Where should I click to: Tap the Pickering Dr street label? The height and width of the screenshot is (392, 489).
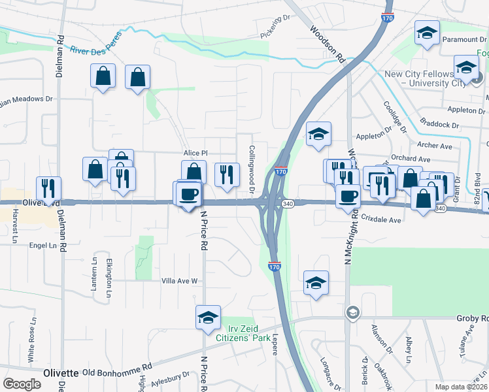(x=275, y=27)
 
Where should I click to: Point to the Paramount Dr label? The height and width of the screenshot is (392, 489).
(x=465, y=39)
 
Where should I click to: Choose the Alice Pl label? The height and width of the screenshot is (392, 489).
(x=195, y=153)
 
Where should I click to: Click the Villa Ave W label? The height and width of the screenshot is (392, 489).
(x=180, y=281)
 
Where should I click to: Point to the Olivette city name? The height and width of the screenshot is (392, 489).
(x=61, y=372)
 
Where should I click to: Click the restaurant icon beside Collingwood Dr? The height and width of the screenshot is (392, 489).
(x=227, y=174)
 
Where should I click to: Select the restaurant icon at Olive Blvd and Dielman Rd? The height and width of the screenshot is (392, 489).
(x=48, y=188)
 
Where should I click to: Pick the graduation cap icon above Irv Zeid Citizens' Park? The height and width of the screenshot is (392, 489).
(x=209, y=318)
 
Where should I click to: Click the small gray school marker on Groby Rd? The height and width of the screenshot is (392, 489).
(x=353, y=312)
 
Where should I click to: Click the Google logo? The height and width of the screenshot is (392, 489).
(x=22, y=384)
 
